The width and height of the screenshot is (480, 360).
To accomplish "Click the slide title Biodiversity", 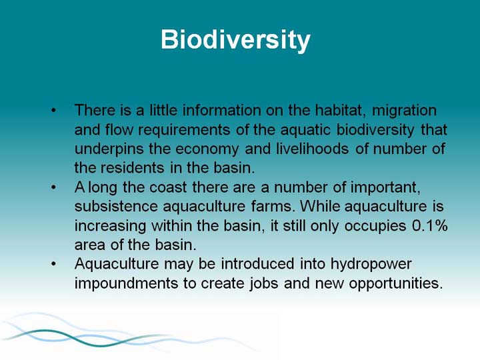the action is (235, 40).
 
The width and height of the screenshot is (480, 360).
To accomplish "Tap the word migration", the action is (404, 111).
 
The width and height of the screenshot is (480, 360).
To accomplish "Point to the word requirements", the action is (184, 131).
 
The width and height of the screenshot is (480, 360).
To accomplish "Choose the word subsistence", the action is (116, 206).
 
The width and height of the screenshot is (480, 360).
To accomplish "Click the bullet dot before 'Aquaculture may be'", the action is (54, 263).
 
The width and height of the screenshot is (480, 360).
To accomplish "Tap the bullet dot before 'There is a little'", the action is (54, 110).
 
